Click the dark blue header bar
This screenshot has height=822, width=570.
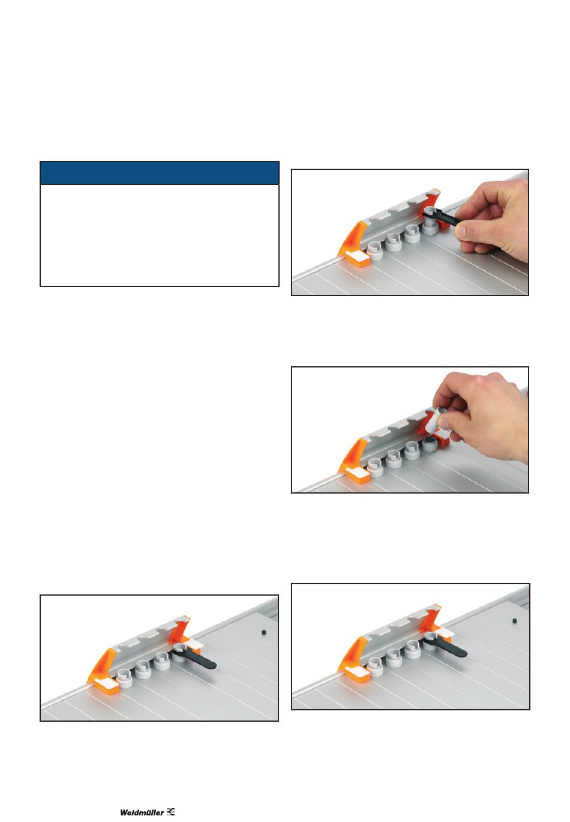pos(159,172)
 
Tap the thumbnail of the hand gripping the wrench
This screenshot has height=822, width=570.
pos(410,232)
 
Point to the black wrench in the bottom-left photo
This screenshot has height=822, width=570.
pos(194,657)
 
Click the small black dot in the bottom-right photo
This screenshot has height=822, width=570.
pos(514,620)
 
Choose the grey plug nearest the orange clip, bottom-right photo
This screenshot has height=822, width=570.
pos(376,666)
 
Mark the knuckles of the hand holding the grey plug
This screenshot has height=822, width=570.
pos(488,389)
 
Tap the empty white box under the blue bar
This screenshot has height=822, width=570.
pos(159,235)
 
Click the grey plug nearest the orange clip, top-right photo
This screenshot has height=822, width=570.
pos(374,252)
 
